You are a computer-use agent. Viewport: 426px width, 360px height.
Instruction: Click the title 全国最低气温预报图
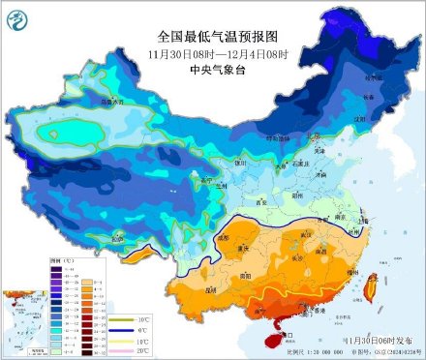pyautogui.click(x=212, y=35)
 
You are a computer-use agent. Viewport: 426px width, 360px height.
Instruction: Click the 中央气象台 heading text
pyautogui.click(x=212, y=68)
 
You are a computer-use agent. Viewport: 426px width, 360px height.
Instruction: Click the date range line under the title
pyautogui.click(x=212, y=52)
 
